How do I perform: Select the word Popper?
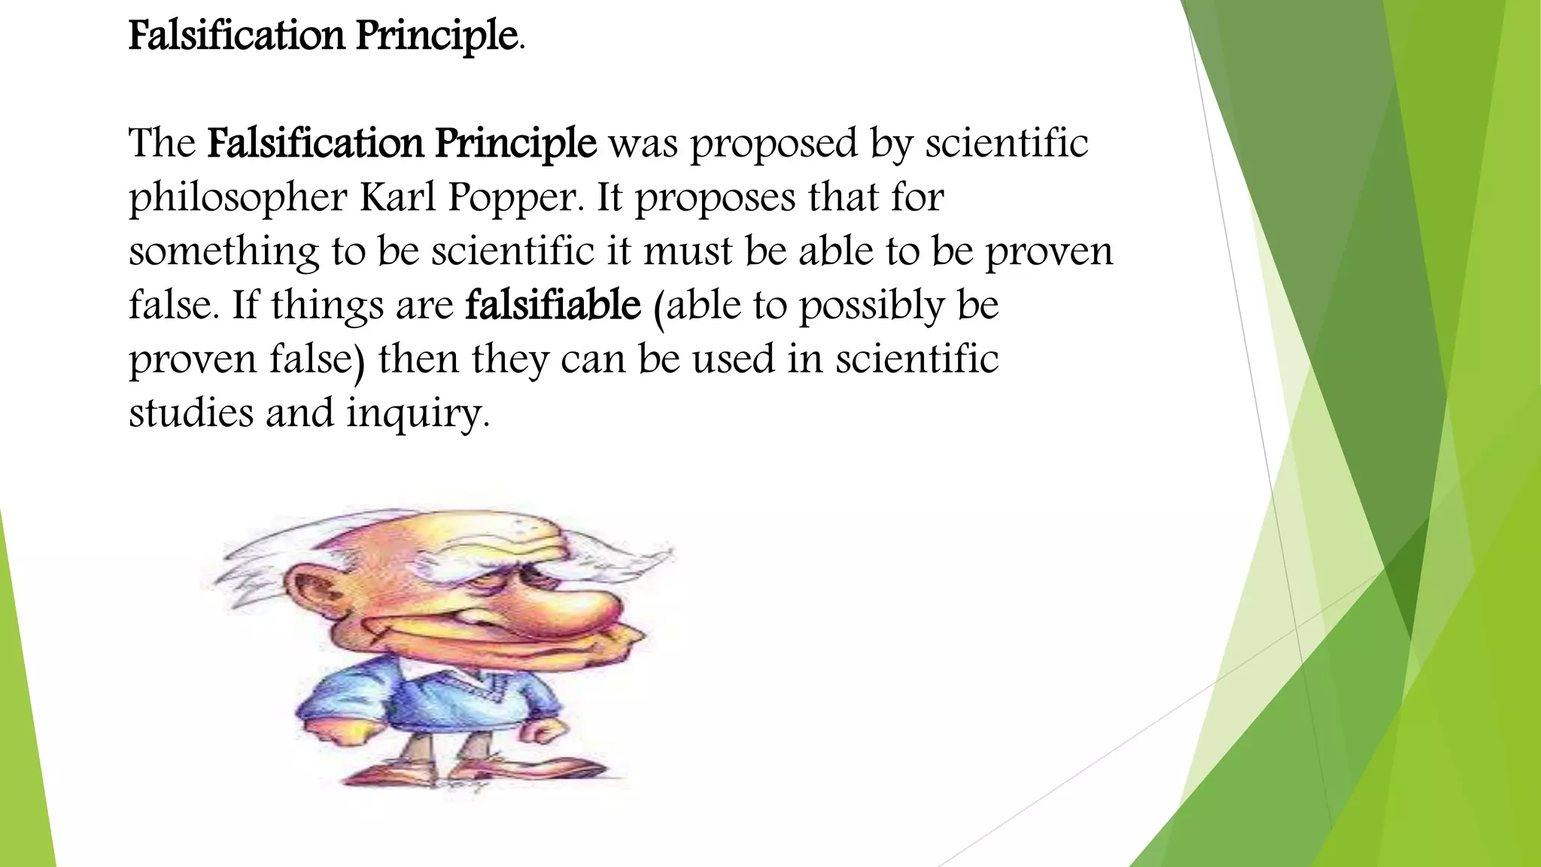(515, 199)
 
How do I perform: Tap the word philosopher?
(238, 199)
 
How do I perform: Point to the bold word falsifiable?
(553, 305)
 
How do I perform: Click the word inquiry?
(418, 414)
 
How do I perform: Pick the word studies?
(191, 412)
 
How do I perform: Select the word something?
(223, 252)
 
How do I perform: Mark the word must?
(688, 251)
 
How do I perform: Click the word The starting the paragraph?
(162, 143)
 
